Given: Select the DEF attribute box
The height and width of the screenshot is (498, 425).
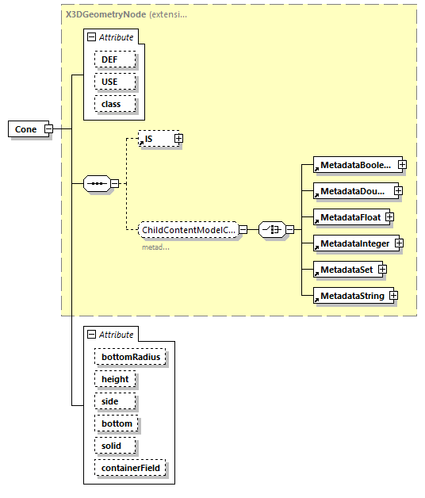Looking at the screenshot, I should pyautogui.click(x=115, y=59).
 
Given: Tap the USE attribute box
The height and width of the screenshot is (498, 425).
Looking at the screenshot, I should pyautogui.click(x=115, y=82).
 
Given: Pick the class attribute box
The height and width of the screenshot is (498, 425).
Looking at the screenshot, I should pyautogui.click(x=115, y=104).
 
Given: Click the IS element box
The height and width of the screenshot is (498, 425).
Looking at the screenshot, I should pyautogui.click(x=154, y=139).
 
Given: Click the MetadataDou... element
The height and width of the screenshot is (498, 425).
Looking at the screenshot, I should pyautogui.click(x=351, y=191).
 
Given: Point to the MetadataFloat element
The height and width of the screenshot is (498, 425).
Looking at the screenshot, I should pyautogui.click(x=347, y=217).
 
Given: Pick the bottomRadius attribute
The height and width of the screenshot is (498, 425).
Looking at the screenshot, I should pyautogui.click(x=130, y=357).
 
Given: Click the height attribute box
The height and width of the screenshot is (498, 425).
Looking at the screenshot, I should pyautogui.click(x=115, y=379).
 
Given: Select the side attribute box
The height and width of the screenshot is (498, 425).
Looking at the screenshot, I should pyautogui.click(x=109, y=401).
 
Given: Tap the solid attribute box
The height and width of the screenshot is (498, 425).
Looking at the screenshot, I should pyautogui.click(x=112, y=446).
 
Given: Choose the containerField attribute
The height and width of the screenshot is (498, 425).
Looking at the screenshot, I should pyautogui.click(x=130, y=468).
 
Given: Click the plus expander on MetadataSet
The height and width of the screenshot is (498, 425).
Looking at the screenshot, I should pyautogui.click(x=382, y=270).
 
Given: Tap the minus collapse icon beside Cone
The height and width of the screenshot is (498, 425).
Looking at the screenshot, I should pyautogui.click(x=48, y=128).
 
